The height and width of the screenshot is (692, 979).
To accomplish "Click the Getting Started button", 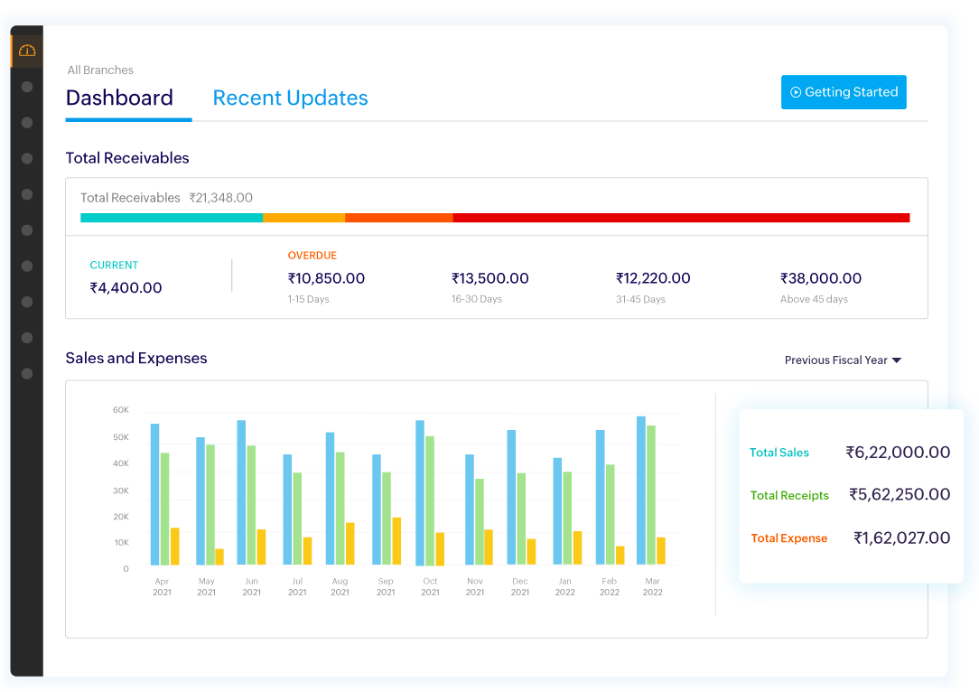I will point(844,92).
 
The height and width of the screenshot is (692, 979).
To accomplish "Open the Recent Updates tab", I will point(290,98).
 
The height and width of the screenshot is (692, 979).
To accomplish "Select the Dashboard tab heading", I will point(119,98).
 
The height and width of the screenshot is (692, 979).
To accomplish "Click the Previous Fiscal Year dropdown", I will point(843,360).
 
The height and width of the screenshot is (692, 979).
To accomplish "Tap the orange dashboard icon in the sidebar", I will point(26,51).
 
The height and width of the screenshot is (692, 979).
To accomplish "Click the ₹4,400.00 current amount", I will point(126,288).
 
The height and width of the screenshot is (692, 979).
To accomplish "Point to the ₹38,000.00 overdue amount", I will point(820,278).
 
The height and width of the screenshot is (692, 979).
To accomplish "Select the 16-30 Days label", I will point(476,299).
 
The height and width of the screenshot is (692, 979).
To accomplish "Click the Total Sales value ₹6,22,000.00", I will point(898,453).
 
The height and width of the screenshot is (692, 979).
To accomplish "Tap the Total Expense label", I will point(788,538).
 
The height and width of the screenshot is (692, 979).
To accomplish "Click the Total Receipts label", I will point(789,495).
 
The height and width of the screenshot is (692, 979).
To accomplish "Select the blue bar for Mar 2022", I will point(641,491).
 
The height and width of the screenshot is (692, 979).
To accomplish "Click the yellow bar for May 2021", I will point(219,556).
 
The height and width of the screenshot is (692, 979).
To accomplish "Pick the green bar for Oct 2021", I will point(430,500).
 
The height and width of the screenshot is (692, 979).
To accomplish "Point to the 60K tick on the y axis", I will point(120,410).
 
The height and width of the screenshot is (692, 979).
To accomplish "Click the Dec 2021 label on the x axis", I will point(520,587).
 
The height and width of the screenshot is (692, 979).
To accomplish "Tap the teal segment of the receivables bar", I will point(172,218).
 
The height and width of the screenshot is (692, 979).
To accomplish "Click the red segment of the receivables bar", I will point(680,218).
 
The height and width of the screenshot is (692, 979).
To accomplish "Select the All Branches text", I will point(100,70).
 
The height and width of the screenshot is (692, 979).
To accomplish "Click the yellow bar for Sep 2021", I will point(396,541).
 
